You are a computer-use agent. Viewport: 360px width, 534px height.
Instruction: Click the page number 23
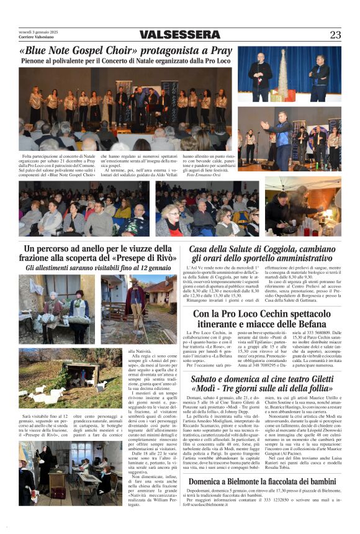tap(335, 35)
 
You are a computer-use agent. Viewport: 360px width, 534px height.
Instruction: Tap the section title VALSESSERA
tap(180, 35)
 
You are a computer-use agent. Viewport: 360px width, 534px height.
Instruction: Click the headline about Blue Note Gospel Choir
tap(125, 51)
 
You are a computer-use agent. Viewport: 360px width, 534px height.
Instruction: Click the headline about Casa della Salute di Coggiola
tap(269, 253)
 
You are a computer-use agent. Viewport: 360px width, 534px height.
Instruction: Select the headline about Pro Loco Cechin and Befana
tap(269, 319)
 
